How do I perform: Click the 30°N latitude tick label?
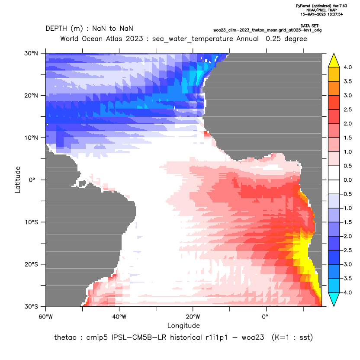point(31,53)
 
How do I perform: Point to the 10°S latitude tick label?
point(31,222)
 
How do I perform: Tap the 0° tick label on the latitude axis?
point(32,180)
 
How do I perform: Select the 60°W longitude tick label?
point(45,317)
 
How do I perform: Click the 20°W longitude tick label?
point(193,317)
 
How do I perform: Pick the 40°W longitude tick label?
point(119,317)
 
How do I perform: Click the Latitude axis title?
point(18,180)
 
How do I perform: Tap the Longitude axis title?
point(183,325)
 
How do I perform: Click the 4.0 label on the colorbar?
point(347,67)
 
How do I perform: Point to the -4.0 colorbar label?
point(347,292)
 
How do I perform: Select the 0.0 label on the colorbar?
point(347,180)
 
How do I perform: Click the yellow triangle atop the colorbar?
point(334,61)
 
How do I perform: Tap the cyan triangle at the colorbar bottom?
point(334,299)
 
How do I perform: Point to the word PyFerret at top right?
point(303,6)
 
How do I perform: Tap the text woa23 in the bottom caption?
point(253,337)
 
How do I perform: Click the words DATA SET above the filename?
point(310,26)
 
